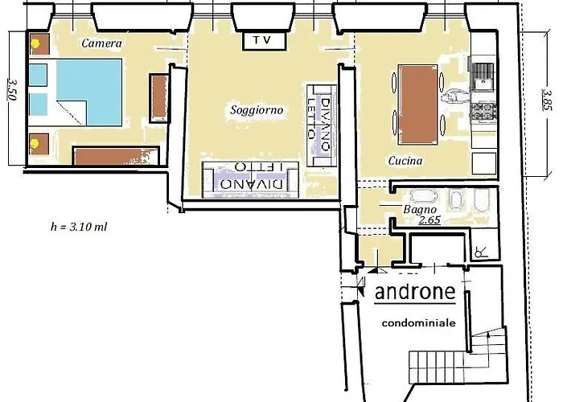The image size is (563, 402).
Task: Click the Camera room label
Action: coord(101,43)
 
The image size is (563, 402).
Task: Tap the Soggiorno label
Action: coord(257,110)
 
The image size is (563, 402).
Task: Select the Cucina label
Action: coord(405,161)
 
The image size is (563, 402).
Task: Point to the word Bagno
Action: coord(420,210)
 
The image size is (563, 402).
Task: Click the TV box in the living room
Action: coord(265,40)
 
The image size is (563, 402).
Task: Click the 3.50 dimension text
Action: coord(12,89)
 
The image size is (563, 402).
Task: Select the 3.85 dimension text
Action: coord(546,100)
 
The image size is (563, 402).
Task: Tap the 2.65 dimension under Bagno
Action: coord(429,219)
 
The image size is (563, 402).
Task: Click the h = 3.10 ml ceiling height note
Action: coord(79,227)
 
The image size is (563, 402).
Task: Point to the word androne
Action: coord(415,291)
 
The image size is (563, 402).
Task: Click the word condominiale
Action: coord(419,323)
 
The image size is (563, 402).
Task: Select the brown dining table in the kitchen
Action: coord(418,105)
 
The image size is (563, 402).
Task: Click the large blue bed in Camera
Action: coord(89,92)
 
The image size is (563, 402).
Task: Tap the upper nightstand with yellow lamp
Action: coord(39,44)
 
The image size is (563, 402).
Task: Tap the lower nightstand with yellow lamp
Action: coord(39,144)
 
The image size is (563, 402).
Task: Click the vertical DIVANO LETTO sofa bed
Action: coord(322,125)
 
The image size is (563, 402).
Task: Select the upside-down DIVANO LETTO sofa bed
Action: coord(251,179)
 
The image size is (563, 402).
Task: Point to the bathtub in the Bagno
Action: coord(425,196)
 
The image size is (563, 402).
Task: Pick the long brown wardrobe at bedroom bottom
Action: coord(117,156)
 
